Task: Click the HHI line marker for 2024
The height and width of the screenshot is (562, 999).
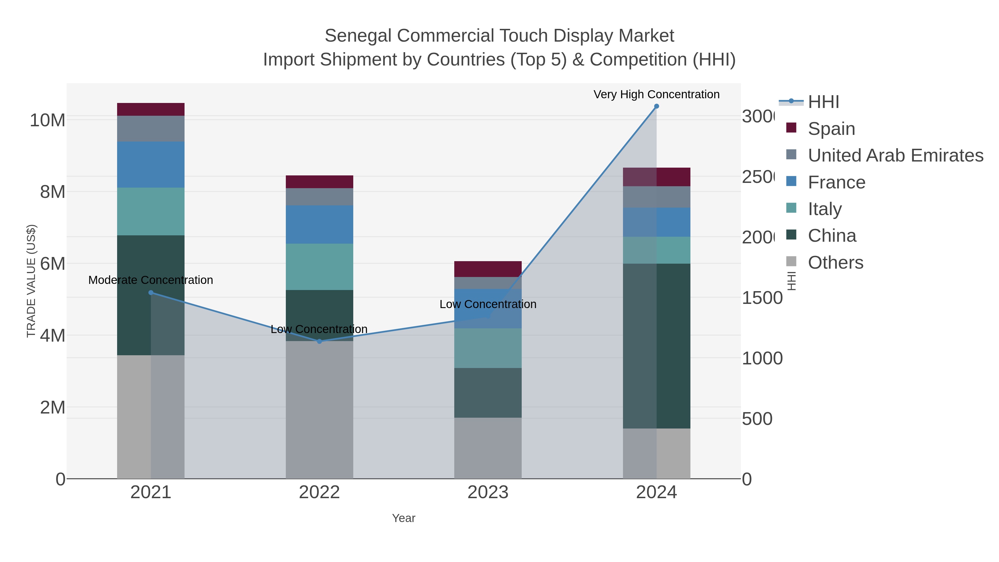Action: click(x=656, y=106)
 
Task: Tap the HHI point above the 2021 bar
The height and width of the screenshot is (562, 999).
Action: click(x=151, y=293)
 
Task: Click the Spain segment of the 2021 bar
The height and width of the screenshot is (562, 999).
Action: click(x=151, y=109)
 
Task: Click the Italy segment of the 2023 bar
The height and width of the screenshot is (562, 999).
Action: click(x=488, y=348)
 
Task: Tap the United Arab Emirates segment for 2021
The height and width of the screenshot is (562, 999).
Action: click(x=151, y=129)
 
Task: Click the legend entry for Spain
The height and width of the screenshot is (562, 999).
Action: click(x=831, y=128)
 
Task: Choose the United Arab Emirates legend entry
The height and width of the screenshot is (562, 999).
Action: click(x=895, y=155)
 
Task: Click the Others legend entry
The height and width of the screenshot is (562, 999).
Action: click(x=835, y=263)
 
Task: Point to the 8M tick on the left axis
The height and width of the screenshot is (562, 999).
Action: click(x=52, y=192)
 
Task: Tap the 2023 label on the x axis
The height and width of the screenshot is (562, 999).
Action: click(x=488, y=492)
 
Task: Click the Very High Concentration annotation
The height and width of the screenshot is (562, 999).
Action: click(x=656, y=94)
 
